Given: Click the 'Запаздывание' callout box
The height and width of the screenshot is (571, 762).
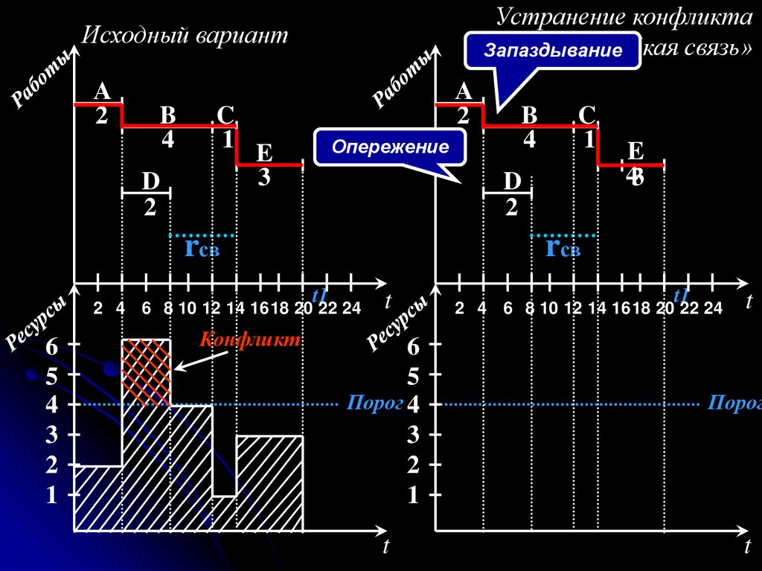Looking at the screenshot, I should [x=553, y=51].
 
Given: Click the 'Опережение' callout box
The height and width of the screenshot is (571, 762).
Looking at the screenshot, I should [x=390, y=147].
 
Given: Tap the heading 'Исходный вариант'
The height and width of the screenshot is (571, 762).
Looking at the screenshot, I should [x=184, y=35].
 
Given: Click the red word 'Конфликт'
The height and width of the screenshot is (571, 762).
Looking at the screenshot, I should [x=250, y=340].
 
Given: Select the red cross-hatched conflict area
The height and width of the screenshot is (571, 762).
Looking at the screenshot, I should [x=146, y=371].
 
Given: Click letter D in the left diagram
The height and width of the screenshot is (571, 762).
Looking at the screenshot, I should [x=150, y=181].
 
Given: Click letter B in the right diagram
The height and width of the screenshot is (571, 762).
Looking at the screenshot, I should [x=529, y=115].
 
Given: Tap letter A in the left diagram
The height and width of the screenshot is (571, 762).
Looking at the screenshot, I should [x=102, y=92].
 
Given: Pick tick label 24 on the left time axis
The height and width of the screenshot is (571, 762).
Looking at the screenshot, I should [x=350, y=309].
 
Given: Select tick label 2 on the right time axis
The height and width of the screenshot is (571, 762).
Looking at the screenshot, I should [x=459, y=309].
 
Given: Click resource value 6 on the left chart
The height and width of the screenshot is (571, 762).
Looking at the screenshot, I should [x=51, y=347].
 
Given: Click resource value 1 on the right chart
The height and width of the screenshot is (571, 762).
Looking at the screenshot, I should [x=413, y=496].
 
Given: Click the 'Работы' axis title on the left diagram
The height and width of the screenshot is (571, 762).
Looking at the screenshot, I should [x=42, y=79].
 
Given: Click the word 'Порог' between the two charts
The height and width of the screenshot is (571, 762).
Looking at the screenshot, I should [x=363, y=403].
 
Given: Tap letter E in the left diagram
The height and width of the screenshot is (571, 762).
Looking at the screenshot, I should [x=264, y=153].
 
